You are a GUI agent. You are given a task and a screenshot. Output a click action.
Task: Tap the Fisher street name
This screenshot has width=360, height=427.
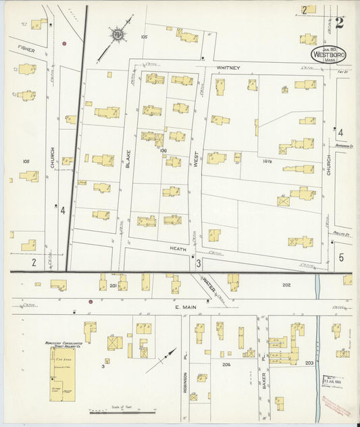(26, 49)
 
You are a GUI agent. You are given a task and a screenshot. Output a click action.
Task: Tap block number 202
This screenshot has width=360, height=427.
(286, 285)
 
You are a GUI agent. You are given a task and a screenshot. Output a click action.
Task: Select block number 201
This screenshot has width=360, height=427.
(113, 286)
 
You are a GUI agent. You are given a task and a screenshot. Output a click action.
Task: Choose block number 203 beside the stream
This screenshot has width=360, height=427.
(309, 363)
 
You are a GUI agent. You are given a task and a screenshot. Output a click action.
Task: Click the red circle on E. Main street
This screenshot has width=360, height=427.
(91, 301)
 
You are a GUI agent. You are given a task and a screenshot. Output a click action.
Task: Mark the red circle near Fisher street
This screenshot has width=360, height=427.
(64, 43)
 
